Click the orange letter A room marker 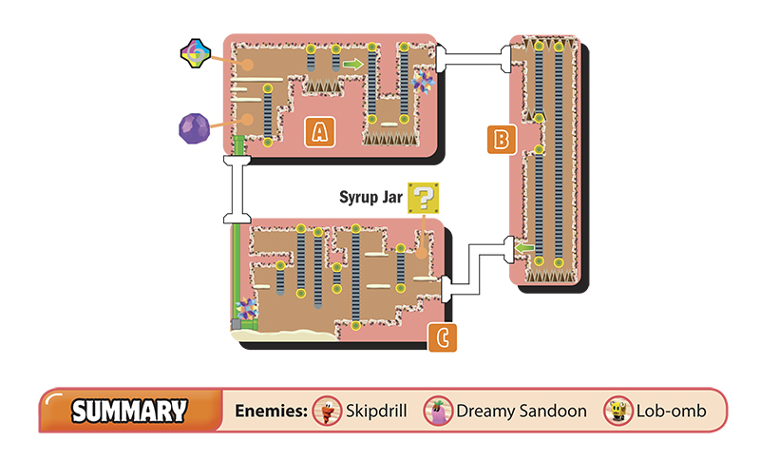click(320, 132)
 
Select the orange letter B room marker click(502, 140)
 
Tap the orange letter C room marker click(442, 337)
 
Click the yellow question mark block click(423, 198)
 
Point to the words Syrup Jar click(370, 198)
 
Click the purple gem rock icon click(195, 128)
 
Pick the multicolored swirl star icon click(196, 53)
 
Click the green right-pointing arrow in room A click(352, 64)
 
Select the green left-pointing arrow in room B click(524, 248)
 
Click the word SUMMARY click(129, 411)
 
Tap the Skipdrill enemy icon click(327, 411)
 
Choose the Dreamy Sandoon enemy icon click(438, 411)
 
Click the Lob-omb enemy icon click(618, 411)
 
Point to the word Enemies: click(272, 411)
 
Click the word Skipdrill click(376, 411)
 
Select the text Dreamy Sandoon click(522, 411)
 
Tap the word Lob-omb click(672, 411)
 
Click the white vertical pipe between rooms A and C click(237, 189)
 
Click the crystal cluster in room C click(247, 309)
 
